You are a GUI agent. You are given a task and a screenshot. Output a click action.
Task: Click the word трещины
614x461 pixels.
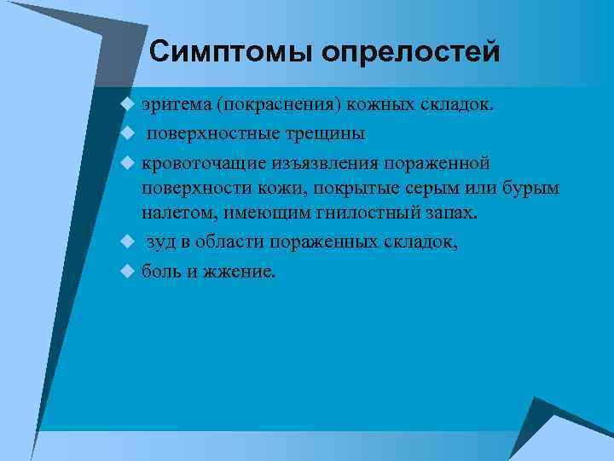(328, 133)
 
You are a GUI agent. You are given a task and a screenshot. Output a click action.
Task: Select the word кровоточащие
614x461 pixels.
(200, 161)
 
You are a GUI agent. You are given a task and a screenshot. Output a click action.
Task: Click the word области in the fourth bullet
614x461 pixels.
(229, 242)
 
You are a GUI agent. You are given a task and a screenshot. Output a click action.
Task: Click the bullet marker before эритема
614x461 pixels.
(128, 104)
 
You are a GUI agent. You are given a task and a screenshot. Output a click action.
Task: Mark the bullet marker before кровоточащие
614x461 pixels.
(128, 161)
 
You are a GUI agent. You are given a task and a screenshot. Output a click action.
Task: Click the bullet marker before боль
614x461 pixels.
(128, 271)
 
